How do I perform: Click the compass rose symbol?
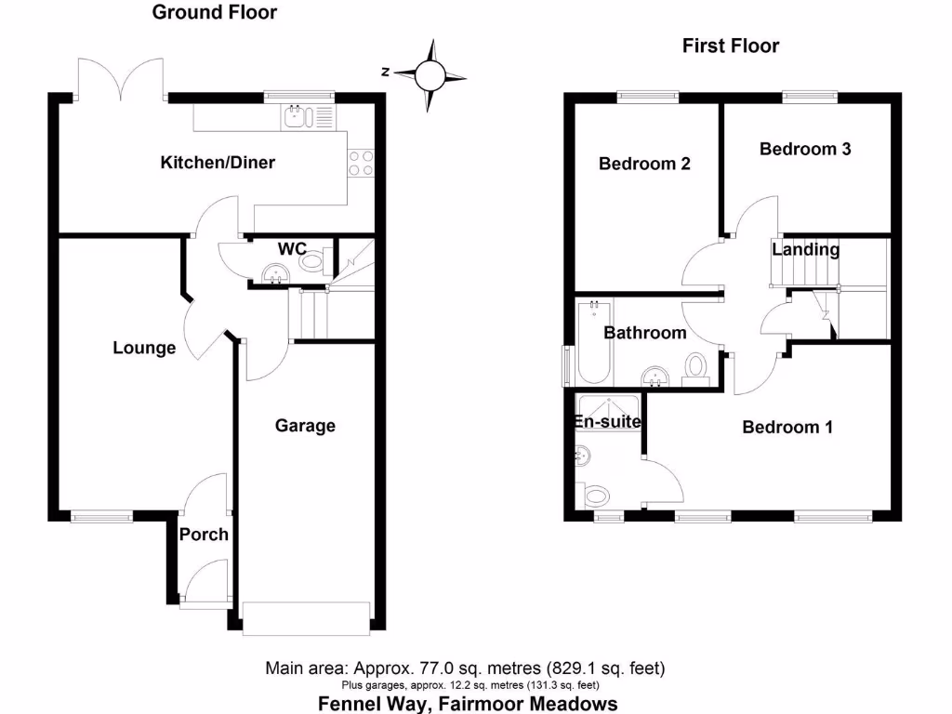point(430,74)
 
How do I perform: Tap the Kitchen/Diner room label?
point(218,163)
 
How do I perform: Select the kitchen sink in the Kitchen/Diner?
point(297,117)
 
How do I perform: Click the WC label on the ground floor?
point(293,249)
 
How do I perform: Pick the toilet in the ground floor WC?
point(312,261)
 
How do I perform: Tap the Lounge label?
point(144,349)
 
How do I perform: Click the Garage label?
point(305,426)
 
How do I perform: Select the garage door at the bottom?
point(306,618)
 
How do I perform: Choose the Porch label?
point(204,535)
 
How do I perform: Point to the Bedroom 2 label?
point(644,165)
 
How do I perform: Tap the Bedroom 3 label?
point(805,149)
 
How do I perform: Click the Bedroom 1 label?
point(787,428)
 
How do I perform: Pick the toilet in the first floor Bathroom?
point(694,369)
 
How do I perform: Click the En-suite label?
point(608,422)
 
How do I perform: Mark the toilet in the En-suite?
point(595,495)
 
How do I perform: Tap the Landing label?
point(805,250)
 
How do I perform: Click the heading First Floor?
point(731,46)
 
